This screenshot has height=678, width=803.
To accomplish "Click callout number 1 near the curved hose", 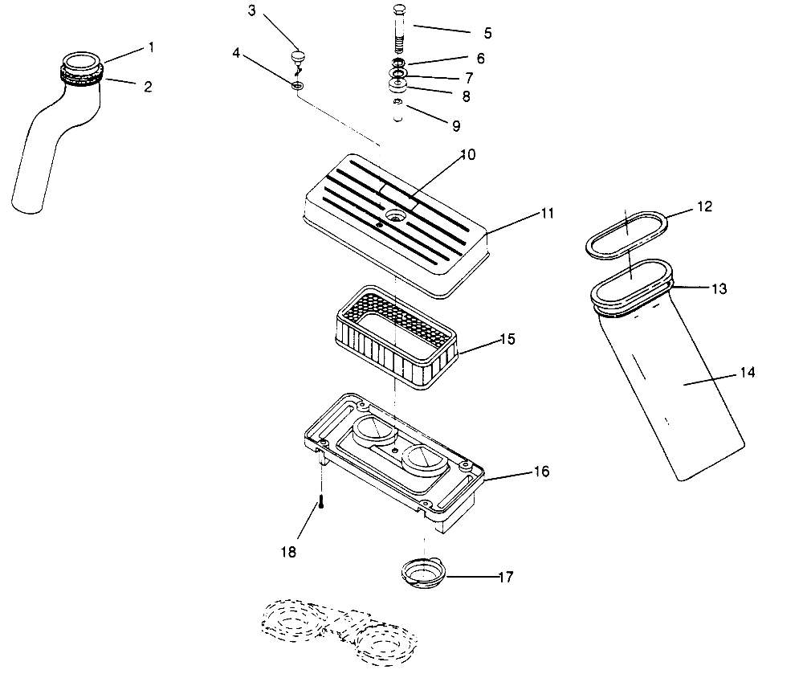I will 149,47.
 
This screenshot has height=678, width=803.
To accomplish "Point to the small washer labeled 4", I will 296,84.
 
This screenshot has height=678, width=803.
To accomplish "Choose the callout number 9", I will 455,126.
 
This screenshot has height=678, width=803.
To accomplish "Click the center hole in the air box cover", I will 395,216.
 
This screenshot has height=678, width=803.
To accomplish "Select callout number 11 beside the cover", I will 547,213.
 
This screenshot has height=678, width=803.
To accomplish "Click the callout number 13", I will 719,288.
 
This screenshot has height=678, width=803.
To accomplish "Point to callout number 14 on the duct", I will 747,373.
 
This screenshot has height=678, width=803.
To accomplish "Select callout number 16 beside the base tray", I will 541,472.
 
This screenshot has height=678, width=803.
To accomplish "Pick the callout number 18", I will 288,552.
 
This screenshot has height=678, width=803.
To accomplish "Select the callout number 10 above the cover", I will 467,154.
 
